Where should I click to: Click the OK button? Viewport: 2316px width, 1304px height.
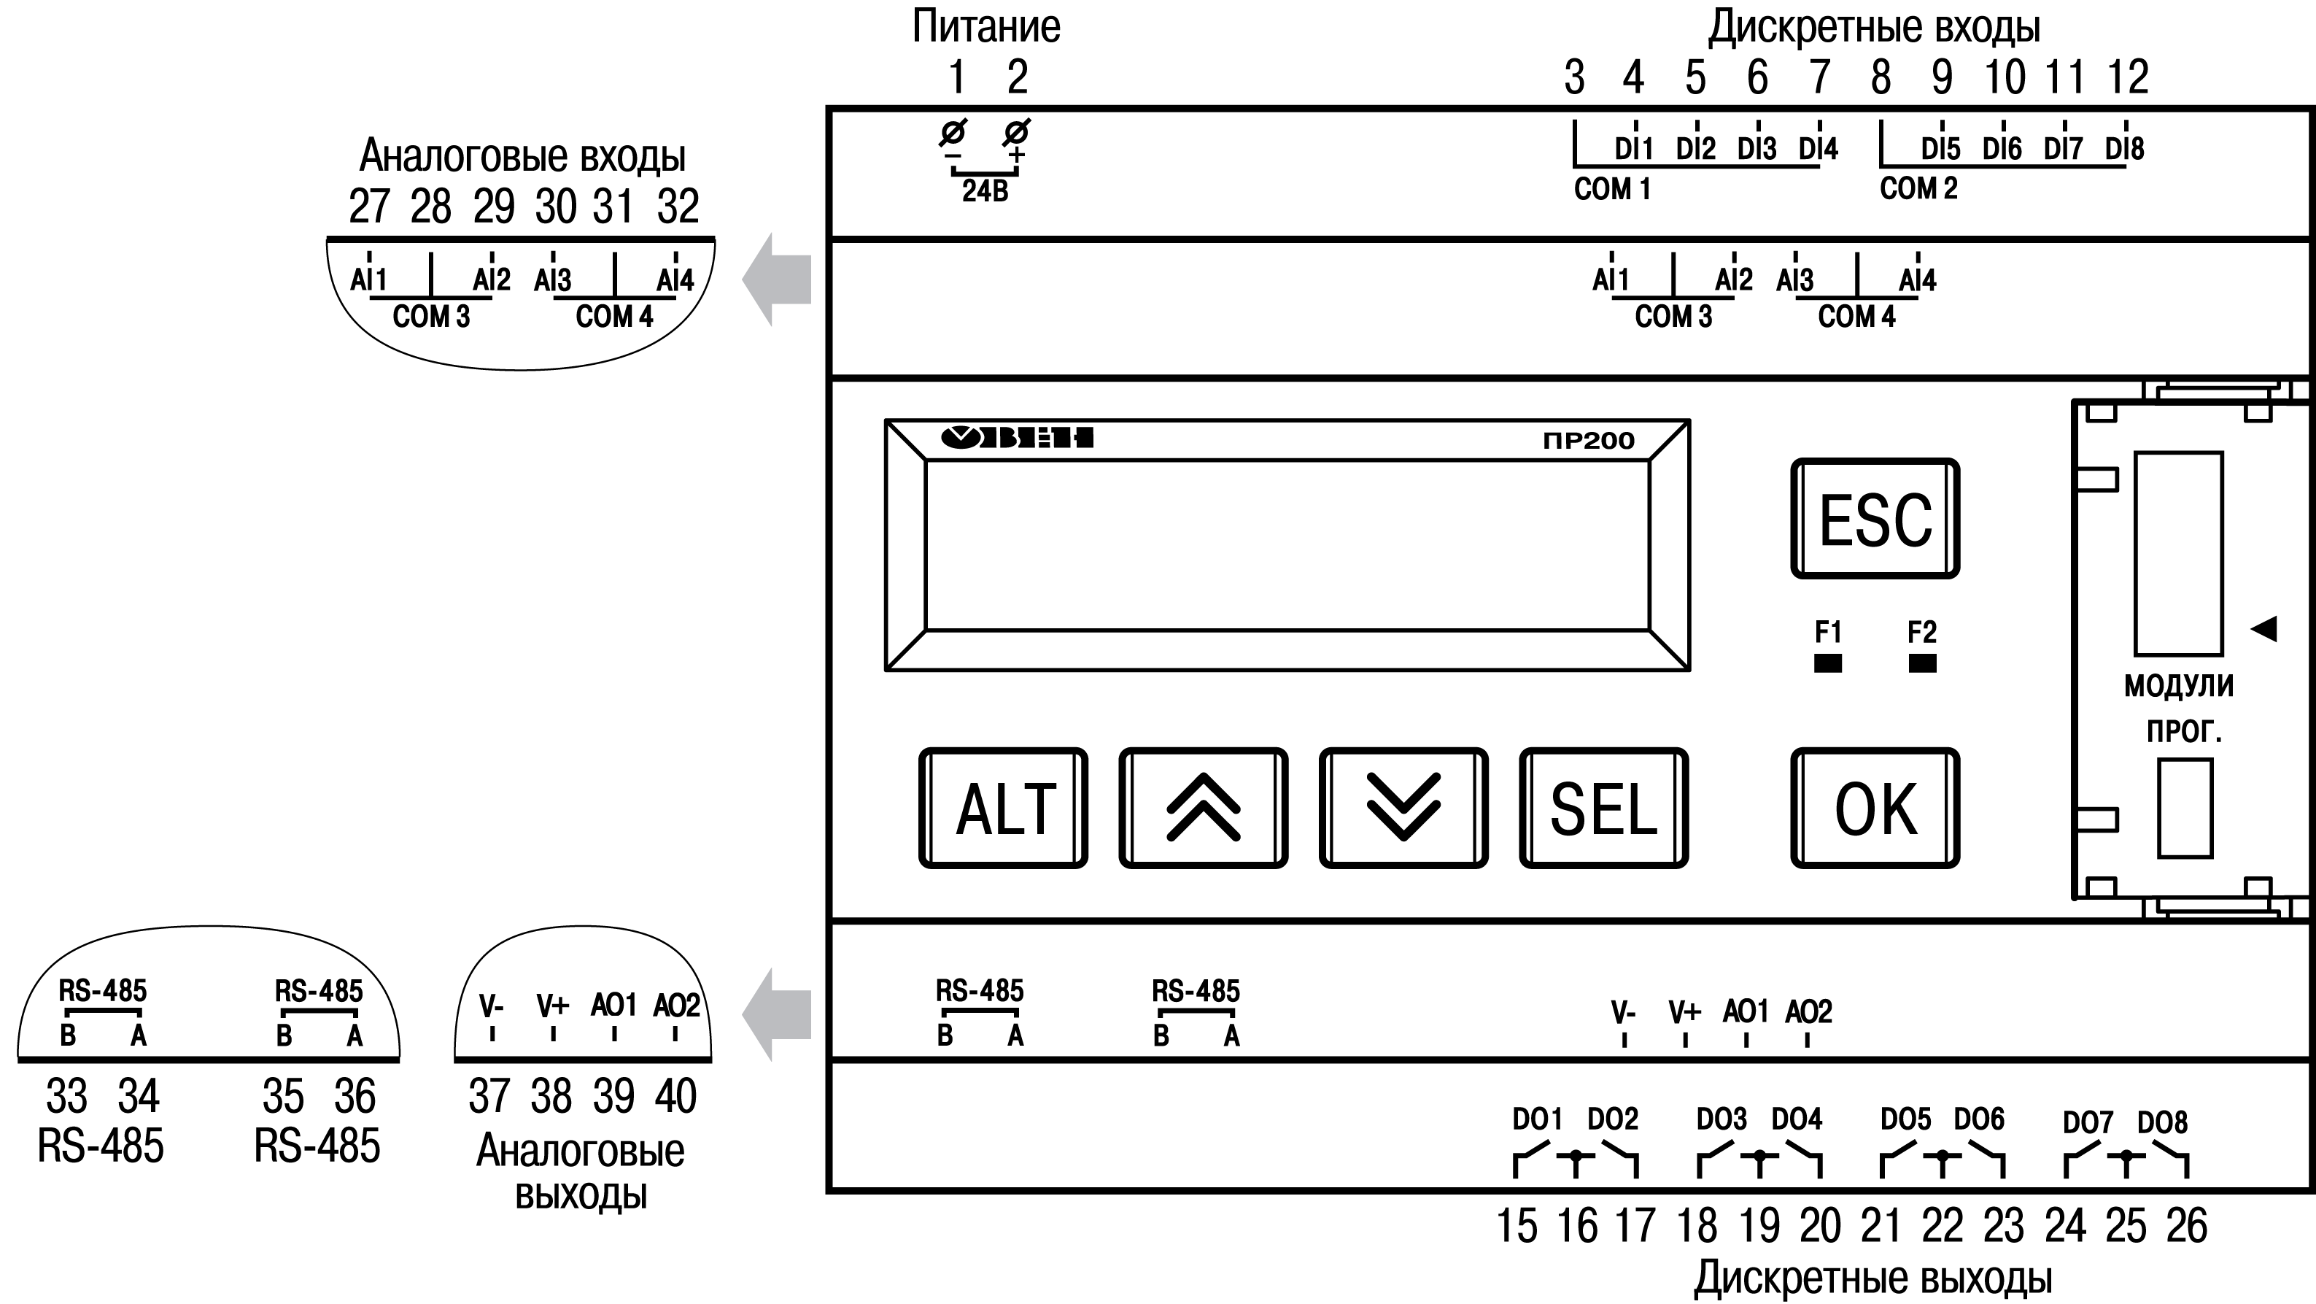click(x=1875, y=809)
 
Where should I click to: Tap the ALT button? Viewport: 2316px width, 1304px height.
click(x=1004, y=809)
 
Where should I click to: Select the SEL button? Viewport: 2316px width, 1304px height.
click(x=1603, y=809)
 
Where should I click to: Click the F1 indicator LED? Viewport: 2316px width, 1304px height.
click(x=1828, y=664)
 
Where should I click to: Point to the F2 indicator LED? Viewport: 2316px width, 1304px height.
click(x=1922, y=664)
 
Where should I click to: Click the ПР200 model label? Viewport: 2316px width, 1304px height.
click(x=1588, y=441)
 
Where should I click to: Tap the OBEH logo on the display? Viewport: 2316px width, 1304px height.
click(x=1017, y=438)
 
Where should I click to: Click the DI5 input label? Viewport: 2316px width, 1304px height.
click(x=1940, y=148)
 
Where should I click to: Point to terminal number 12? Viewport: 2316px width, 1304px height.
click(x=2127, y=77)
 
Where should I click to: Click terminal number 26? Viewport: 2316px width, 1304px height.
click(x=2187, y=1226)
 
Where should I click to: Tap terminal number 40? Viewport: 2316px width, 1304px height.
click(x=675, y=1096)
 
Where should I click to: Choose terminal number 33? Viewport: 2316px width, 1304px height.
click(x=66, y=1096)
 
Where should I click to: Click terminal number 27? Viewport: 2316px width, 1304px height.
click(x=368, y=206)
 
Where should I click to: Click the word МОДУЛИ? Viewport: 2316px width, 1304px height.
click(x=2178, y=686)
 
